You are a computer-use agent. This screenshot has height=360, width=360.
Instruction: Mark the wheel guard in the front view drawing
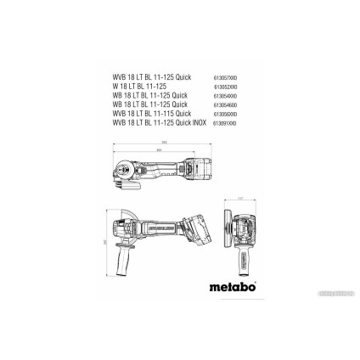tap(240, 223)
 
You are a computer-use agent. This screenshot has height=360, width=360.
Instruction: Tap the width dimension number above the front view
tap(240, 198)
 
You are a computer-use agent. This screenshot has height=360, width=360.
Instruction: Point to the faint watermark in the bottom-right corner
tap(335, 292)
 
